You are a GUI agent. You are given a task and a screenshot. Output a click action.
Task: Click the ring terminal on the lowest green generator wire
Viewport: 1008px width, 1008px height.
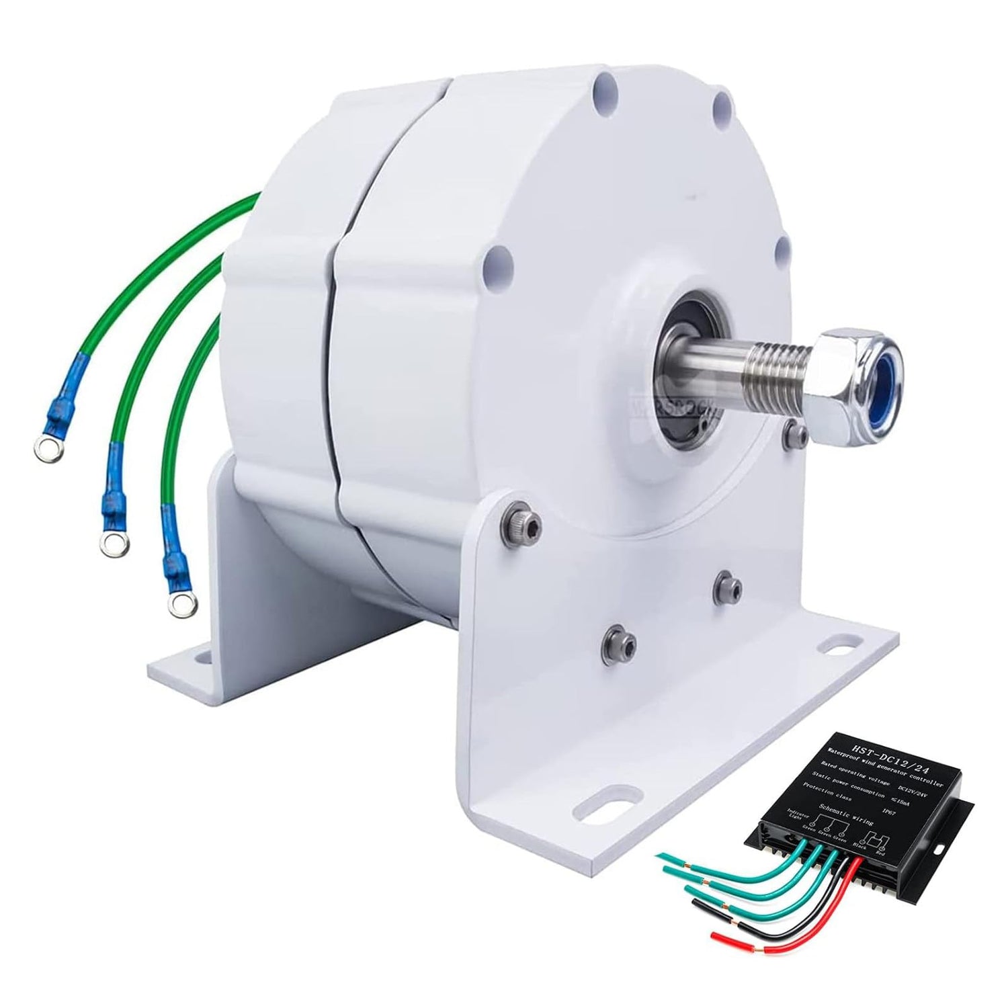177,605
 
